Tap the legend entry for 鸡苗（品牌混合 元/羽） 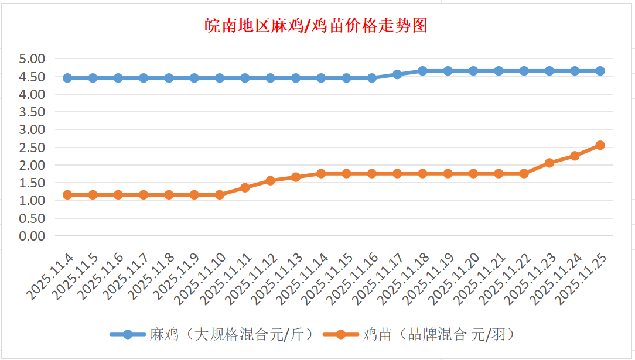pos(439,334)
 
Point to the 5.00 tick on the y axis pos(32,59)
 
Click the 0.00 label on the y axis pos(32,236)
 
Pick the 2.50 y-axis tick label pos(32,148)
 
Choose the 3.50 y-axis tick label pos(32,112)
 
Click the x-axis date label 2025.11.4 pos(51,275)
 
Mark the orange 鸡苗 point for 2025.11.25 pos(600,145)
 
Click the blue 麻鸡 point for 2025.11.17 pos(397,74)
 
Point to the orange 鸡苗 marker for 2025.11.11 pos(245,188)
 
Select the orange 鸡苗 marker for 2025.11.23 pos(549,163)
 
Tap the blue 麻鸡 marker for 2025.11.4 pos(67,78)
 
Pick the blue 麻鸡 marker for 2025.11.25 pos(600,71)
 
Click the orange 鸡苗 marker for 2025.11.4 pos(67,194)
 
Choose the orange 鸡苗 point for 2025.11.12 pos(270,181)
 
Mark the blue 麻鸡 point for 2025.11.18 pos(422,71)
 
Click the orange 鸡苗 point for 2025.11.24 pos(575,156)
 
